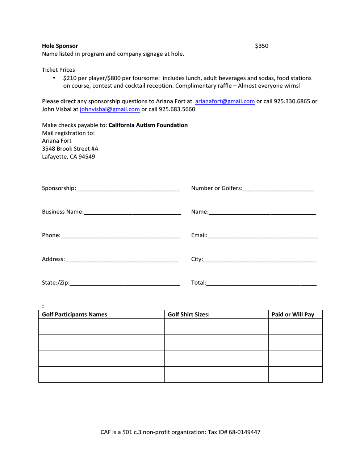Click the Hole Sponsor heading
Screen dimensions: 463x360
60,46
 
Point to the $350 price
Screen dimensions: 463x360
261,46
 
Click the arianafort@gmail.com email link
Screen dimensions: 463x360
225,101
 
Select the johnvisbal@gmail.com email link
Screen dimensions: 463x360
110,109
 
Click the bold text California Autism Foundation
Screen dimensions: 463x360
148,125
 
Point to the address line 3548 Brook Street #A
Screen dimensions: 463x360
70,149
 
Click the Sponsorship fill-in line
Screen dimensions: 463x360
128,189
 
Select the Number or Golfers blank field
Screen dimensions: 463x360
278,189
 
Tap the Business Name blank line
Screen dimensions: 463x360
132,212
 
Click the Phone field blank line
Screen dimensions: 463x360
121,236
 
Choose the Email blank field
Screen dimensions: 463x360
262,236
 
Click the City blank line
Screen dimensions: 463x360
260,260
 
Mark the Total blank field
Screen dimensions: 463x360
261,283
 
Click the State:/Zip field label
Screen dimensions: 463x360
55,283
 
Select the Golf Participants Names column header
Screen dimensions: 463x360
75,315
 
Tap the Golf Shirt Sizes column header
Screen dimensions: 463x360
189,315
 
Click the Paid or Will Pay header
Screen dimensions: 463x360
293,315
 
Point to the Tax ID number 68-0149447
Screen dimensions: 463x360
244,432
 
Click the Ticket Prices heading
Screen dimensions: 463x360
58,70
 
